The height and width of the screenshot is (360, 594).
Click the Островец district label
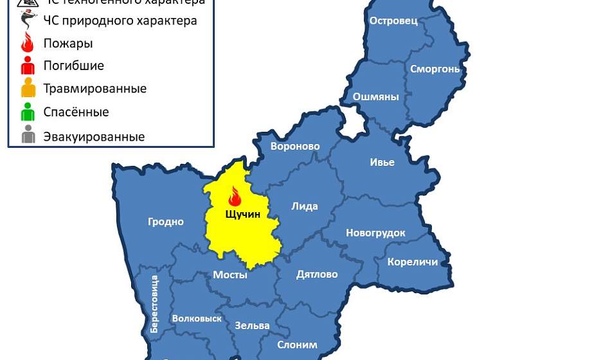(x=393, y=21)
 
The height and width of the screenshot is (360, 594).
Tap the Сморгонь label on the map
(x=435, y=69)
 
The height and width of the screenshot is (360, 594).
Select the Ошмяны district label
(x=376, y=97)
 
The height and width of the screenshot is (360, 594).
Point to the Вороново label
(x=295, y=147)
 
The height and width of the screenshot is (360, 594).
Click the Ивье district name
(x=382, y=162)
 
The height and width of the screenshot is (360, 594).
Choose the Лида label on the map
(x=305, y=206)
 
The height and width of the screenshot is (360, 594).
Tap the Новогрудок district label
(x=375, y=233)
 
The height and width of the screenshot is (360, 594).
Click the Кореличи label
(x=413, y=262)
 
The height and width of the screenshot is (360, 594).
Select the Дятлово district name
(x=317, y=274)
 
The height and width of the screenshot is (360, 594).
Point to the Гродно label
(x=166, y=222)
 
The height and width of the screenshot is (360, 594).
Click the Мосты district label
(x=230, y=275)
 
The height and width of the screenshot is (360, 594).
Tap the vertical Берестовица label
(x=154, y=303)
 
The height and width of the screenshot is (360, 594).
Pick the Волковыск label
(x=197, y=318)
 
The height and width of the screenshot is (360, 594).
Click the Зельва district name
(x=252, y=325)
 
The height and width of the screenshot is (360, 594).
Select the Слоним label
(x=297, y=345)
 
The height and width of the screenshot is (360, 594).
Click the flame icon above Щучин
(x=235, y=196)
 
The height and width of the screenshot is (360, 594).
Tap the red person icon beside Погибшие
(x=28, y=66)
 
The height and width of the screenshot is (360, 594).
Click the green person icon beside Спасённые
(x=28, y=113)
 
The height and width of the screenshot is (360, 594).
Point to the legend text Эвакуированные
(x=94, y=137)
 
